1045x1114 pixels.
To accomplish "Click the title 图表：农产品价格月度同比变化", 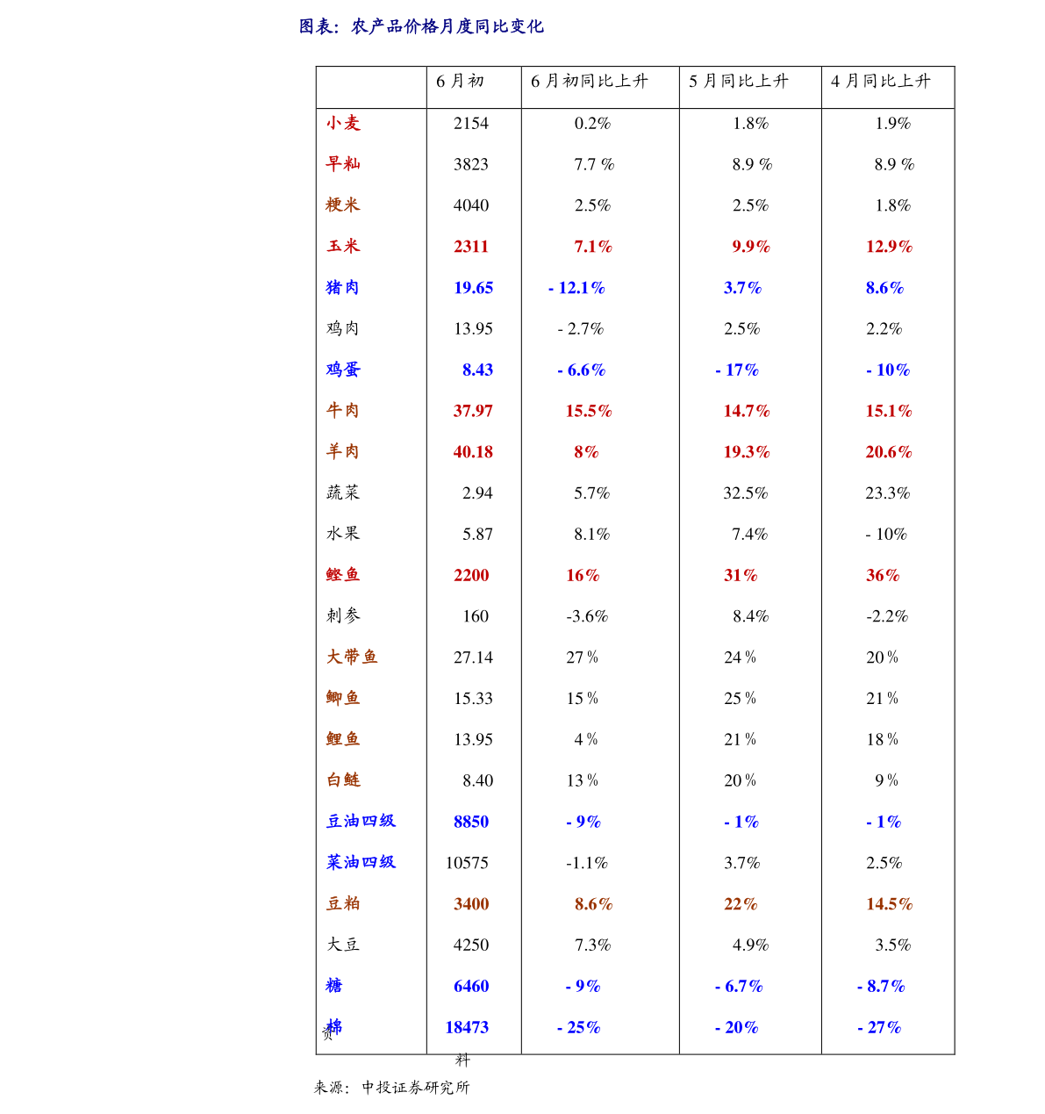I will [421, 27].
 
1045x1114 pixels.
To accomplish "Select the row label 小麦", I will [343, 124].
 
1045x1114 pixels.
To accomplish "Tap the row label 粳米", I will [343, 205].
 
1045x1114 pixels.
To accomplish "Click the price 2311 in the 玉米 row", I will [471, 247].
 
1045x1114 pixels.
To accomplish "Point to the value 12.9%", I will [889, 247].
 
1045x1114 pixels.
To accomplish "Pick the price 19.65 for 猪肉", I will [473, 288].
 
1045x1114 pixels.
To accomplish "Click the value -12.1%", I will [576, 288].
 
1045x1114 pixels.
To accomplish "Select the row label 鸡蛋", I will [343, 370].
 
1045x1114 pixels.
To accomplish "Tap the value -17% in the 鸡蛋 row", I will [737, 370].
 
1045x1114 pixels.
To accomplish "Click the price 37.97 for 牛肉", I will [473, 411].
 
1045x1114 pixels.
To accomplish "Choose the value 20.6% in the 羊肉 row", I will [889, 452].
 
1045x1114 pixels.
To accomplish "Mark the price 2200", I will [471, 575].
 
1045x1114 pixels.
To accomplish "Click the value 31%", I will [741, 575].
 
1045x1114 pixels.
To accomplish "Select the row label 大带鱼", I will [352, 657].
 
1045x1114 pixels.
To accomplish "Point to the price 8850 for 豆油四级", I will [471, 822].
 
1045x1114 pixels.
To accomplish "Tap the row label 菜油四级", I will [361, 862].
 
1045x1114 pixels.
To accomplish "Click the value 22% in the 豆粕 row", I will [741, 904].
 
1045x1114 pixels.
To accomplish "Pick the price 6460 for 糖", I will [471, 986].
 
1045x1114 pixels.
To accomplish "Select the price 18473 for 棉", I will [467, 1027].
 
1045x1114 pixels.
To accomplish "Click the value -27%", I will [879, 1027].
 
